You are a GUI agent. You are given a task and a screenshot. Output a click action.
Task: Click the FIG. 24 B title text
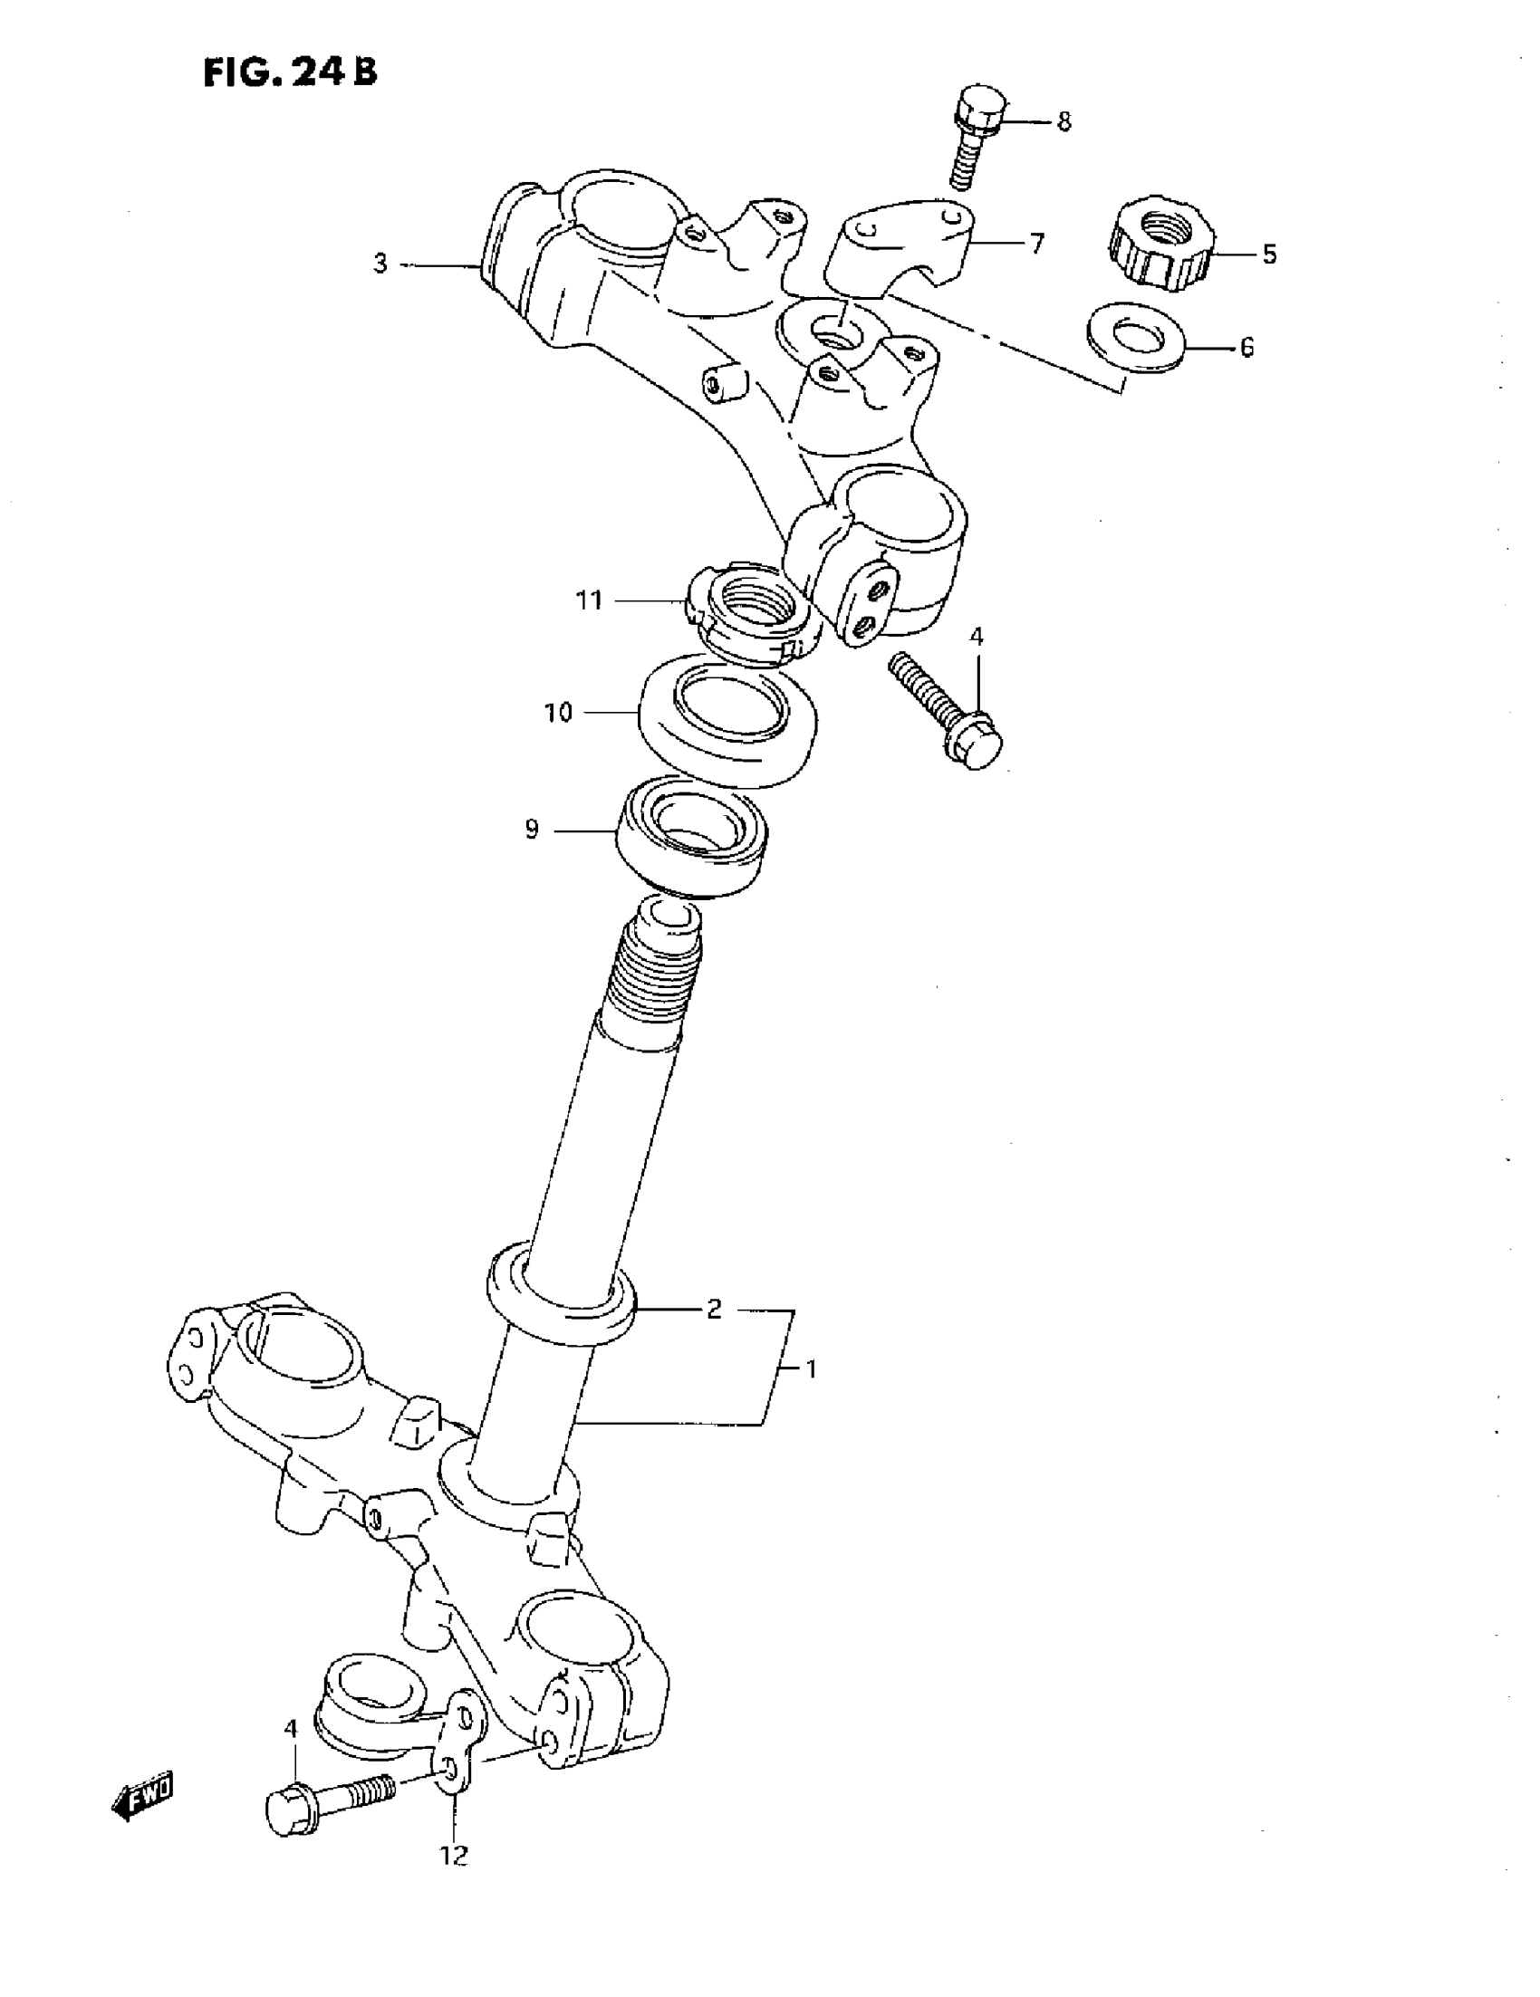click(290, 72)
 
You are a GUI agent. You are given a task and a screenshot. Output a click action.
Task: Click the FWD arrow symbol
click(141, 1798)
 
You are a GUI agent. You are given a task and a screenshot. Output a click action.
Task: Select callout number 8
click(1064, 121)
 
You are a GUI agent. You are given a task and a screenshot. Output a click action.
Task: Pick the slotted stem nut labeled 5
click(1160, 243)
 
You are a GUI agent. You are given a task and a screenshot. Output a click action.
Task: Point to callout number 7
click(1036, 244)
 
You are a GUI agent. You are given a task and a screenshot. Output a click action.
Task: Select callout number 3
click(380, 264)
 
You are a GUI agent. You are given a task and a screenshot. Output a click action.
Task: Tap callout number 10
click(558, 712)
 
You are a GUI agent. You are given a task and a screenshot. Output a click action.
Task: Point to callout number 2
click(714, 1310)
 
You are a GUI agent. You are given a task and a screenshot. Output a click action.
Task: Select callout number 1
click(810, 1368)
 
